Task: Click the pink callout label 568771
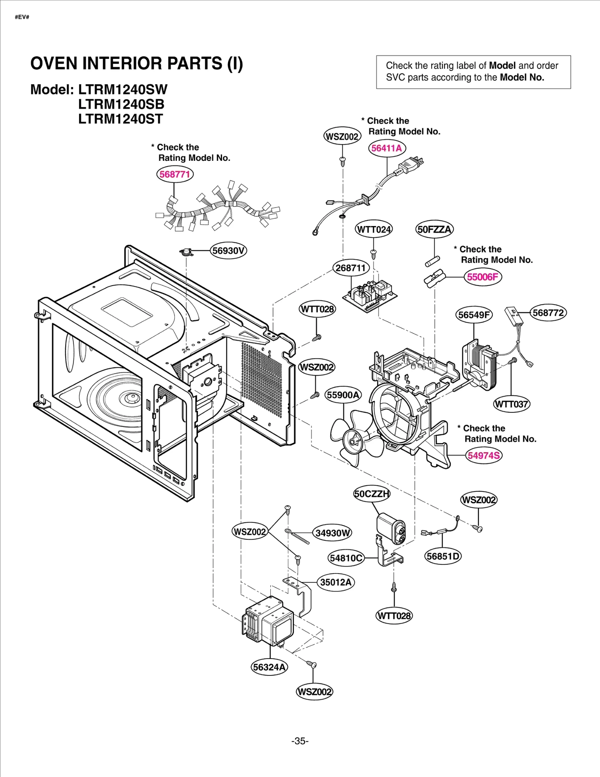click(x=175, y=174)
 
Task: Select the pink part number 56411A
click(x=387, y=148)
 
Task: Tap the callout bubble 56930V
click(x=228, y=250)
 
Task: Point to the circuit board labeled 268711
click(x=369, y=295)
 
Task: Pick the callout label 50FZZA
click(x=434, y=229)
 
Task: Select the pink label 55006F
click(x=483, y=277)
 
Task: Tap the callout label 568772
click(x=548, y=313)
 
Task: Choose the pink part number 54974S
click(x=484, y=455)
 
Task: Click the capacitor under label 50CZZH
click(x=391, y=528)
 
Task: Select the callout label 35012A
click(x=336, y=582)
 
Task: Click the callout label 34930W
click(x=333, y=533)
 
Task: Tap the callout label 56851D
click(x=443, y=556)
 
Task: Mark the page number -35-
click(x=300, y=741)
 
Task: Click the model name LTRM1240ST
click(x=120, y=119)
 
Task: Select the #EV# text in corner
click(x=22, y=17)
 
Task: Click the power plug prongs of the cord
click(x=418, y=162)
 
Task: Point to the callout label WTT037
click(x=511, y=404)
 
